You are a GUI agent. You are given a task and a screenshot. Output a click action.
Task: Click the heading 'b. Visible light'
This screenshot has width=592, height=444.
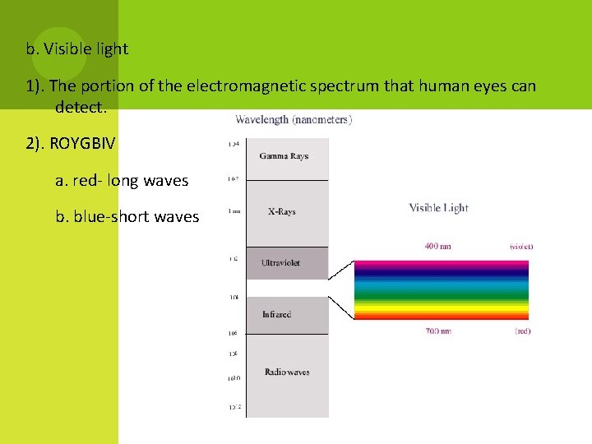(77, 49)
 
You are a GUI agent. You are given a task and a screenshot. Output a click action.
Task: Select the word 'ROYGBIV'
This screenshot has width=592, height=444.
(82, 143)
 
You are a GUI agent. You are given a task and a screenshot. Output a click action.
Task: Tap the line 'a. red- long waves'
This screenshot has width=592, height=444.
(122, 180)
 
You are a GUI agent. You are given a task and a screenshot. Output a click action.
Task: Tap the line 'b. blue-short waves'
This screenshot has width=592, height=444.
(127, 217)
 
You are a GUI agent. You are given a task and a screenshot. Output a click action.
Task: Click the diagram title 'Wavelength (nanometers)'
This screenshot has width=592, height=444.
(294, 120)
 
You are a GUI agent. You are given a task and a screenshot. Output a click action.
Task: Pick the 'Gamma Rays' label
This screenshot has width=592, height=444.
(284, 156)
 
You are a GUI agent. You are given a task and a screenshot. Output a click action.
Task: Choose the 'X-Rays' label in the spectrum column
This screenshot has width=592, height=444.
(281, 212)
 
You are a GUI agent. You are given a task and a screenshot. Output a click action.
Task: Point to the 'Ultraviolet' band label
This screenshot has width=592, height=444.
(280, 263)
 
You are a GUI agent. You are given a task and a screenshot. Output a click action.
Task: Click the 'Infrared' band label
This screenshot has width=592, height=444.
(276, 315)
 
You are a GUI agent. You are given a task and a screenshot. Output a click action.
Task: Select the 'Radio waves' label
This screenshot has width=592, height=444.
(287, 372)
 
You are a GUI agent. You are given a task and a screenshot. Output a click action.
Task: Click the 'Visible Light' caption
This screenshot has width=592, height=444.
(438, 208)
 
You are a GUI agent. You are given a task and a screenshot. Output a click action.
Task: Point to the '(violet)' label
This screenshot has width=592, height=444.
(521, 246)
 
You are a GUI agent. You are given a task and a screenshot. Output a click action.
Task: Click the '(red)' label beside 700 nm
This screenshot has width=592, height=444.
(522, 331)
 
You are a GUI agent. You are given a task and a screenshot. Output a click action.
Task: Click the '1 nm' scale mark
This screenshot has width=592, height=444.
(235, 211)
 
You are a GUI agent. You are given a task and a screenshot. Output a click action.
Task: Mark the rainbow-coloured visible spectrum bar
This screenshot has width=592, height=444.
(441, 289)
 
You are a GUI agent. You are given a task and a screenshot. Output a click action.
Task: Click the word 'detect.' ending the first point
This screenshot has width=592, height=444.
(81, 107)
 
